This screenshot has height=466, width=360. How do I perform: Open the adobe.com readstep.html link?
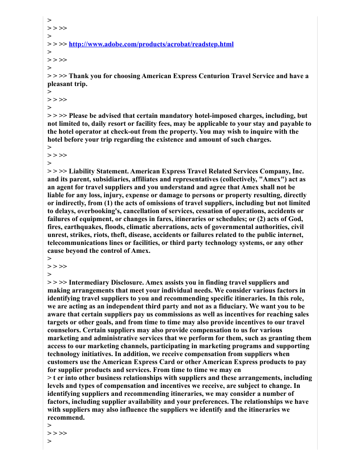click(x=151, y=44)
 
